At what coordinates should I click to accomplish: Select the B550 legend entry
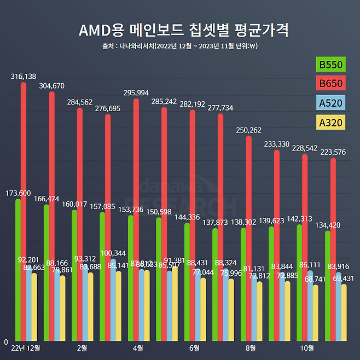tap(331, 65)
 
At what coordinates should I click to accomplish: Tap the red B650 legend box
tap(331, 84)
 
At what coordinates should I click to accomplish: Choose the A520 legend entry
tap(331, 102)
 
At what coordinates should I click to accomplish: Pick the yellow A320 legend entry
tap(331, 121)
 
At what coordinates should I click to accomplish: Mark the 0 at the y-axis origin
tap(6, 342)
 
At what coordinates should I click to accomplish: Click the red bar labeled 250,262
tap(249, 238)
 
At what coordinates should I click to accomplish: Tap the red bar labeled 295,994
tap(136, 219)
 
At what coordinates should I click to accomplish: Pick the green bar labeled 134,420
tap(328, 286)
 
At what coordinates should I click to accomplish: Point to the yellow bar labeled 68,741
tap(316, 312)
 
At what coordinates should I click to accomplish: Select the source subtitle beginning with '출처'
tap(179, 46)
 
